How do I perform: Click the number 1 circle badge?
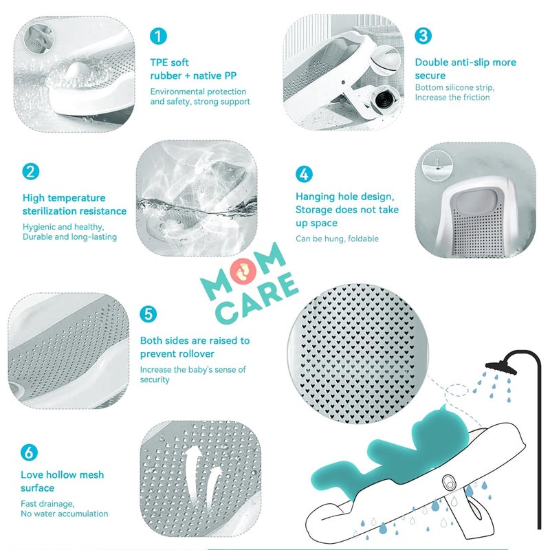click(158, 36)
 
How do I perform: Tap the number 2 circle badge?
click(31, 171)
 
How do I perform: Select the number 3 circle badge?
click(423, 36)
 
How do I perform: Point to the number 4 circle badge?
click(304, 175)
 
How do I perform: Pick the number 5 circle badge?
click(148, 314)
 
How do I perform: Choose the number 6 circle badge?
click(29, 452)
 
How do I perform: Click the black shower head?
click(501, 367)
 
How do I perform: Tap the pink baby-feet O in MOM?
click(244, 271)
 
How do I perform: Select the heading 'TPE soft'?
click(169, 63)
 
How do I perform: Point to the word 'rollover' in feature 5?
click(197, 353)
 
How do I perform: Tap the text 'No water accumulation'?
click(65, 514)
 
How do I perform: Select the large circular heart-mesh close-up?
click(357, 353)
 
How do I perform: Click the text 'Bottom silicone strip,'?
click(454, 87)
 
